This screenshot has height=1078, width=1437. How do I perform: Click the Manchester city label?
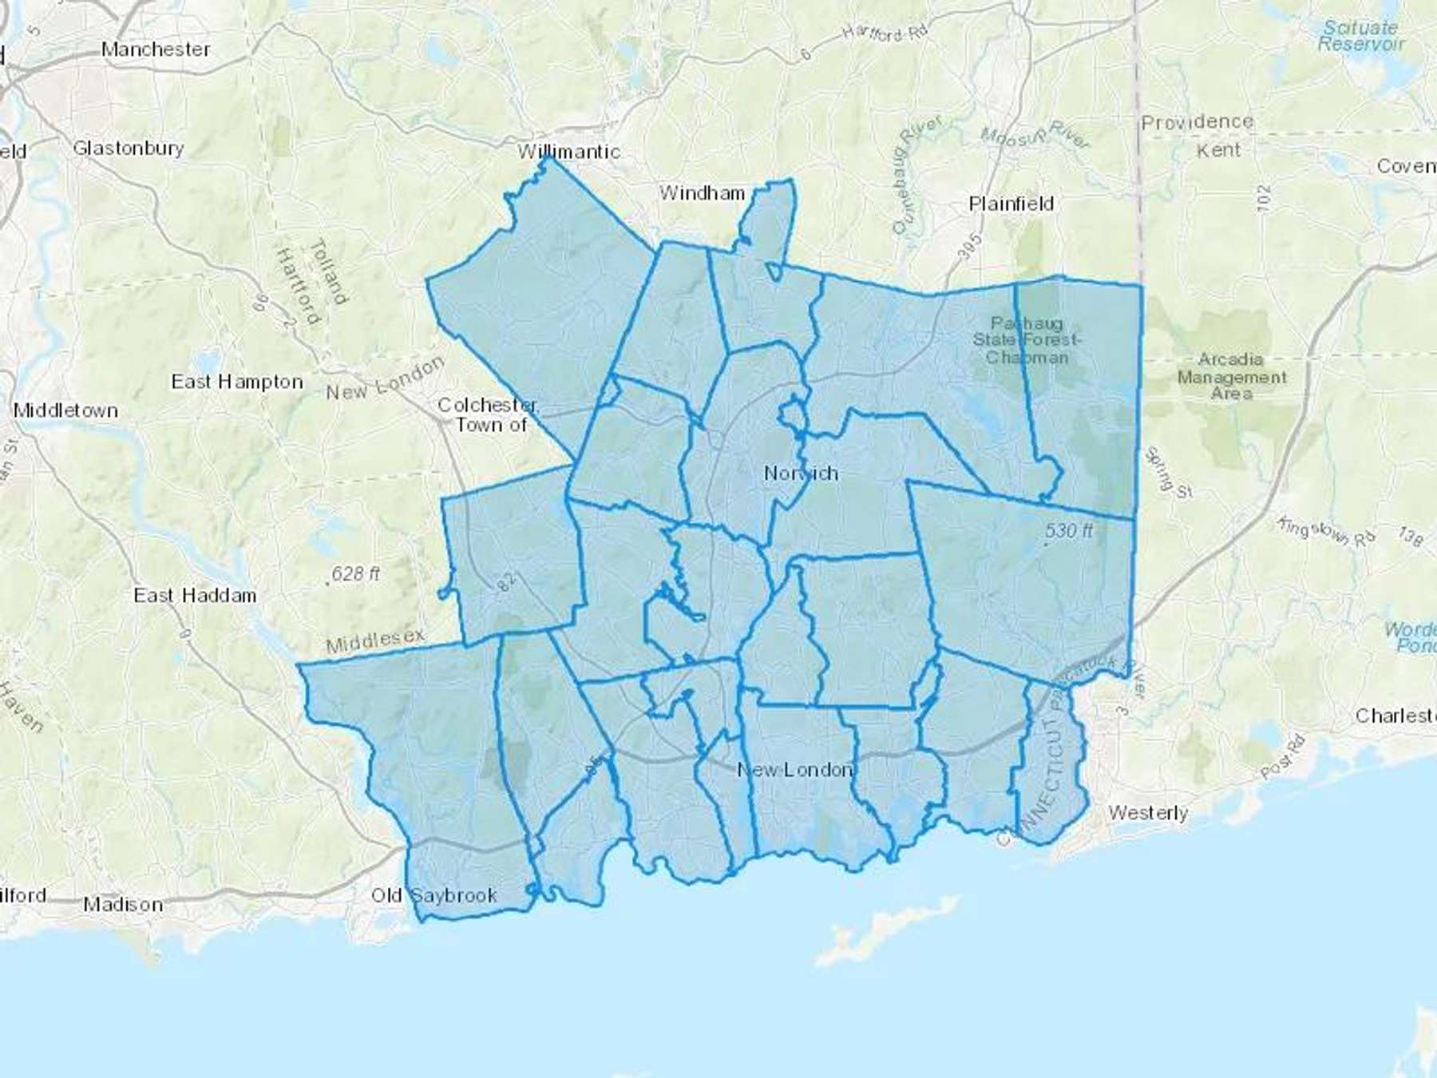156,50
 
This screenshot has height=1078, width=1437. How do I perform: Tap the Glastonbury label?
129,148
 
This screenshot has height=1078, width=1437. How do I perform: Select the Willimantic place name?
568,151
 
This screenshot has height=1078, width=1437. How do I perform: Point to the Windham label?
702,192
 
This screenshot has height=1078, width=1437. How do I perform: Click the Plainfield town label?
1011,204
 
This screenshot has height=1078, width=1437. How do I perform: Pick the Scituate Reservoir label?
1360,36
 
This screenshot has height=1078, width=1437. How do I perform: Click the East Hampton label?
237,382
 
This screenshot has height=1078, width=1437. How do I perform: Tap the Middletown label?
65,410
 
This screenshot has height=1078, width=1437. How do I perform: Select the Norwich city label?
801,473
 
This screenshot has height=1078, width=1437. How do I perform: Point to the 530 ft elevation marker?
1068,531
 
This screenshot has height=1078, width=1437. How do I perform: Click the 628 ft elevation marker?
355,574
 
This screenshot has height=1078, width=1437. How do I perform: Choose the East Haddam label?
195,595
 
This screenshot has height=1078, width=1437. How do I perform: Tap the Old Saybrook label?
434,895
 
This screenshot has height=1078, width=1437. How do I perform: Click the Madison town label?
123,905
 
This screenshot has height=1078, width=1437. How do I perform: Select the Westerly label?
1148,813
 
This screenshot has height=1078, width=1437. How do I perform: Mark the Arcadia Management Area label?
1231,376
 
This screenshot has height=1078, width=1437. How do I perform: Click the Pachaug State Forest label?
1027,340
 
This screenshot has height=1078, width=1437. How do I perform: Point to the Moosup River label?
1035,136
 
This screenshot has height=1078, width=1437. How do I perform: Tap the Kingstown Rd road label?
1325,531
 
